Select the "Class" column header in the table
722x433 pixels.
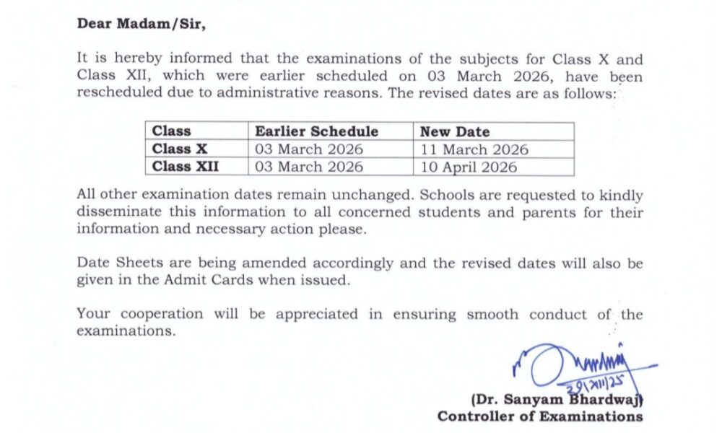(171, 131)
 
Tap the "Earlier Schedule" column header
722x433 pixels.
(316, 131)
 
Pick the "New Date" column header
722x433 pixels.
(455, 131)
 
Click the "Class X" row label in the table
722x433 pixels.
(180, 149)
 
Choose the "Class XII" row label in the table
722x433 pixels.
(186, 167)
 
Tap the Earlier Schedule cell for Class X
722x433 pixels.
(309, 149)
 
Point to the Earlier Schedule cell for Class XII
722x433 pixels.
(309, 167)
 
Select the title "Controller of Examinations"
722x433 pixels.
(539, 416)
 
